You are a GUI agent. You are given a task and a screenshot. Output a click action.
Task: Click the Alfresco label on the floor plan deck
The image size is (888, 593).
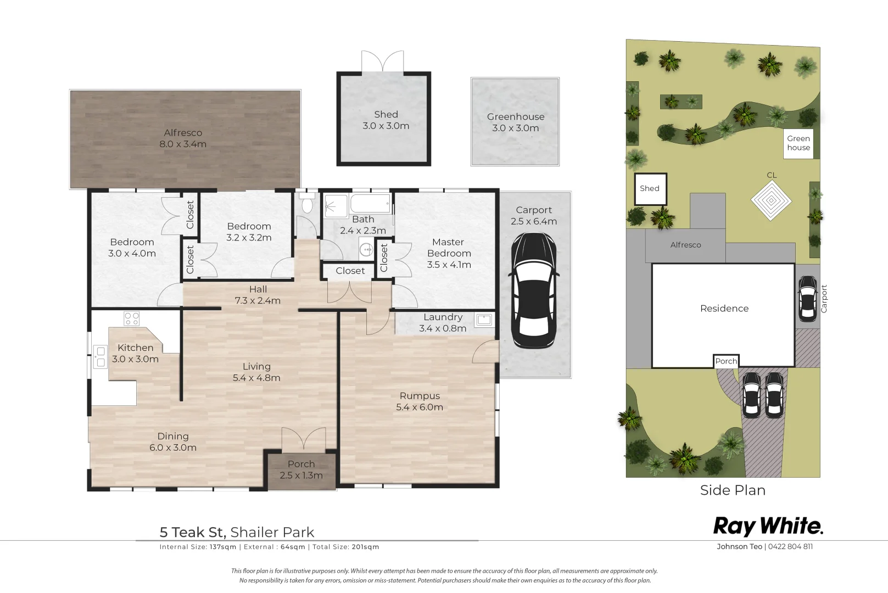(x=183, y=133)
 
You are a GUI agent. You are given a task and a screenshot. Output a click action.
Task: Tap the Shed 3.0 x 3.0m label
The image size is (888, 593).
(x=386, y=120)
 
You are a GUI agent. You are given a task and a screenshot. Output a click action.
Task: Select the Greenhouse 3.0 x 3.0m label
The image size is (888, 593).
(x=515, y=122)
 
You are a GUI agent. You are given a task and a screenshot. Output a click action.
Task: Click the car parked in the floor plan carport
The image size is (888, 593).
(x=534, y=290)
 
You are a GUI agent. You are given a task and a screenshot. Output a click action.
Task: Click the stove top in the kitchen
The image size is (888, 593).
(x=131, y=318)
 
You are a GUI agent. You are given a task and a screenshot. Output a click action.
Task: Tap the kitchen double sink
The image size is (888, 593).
(x=100, y=357)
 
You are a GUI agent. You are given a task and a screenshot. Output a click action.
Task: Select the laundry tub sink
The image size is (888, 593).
(x=484, y=320)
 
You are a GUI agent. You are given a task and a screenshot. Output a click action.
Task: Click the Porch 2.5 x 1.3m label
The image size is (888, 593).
(x=301, y=469)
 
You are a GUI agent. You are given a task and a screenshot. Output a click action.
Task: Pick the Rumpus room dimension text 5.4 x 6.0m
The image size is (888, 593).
(x=420, y=407)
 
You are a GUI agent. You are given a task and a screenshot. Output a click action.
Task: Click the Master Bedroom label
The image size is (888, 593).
(x=448, y=247)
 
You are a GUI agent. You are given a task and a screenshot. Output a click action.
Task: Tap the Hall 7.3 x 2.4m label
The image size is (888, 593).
(x=258, y=295)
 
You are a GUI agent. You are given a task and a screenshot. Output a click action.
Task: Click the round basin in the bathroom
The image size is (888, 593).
(x=366, y=249)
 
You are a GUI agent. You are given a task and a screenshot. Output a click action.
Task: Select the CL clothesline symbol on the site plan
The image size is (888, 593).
(x=771, y=200)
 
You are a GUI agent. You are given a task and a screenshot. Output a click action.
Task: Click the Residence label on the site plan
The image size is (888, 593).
(x=724, y=309)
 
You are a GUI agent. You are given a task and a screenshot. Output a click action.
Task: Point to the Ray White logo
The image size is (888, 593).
(x=768, y=527)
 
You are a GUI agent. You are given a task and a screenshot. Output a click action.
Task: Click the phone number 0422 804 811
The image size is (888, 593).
(x=790, y=547)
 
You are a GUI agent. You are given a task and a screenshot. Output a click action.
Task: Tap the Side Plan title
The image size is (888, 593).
(x=733, y=490)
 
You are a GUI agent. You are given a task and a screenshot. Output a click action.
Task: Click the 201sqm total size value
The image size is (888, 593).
(x=365, y=547)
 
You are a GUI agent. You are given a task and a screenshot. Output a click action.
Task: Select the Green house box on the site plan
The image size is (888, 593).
(x=798, y=143)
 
